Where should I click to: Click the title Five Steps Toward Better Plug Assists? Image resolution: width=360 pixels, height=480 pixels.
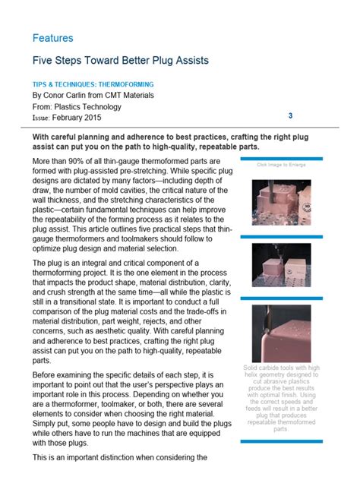pyautogui.click(x=121, y=59)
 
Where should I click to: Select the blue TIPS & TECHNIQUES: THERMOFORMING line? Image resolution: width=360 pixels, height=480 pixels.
pyautogui.click(x=93, y=84)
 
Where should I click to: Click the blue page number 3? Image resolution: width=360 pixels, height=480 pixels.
pyautogui.click(x=290, y=115)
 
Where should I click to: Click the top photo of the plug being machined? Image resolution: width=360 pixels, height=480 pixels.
pyautogui.click(x=281, y=200)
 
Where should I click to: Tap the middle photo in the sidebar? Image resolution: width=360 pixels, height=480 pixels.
pyautogui.click(x=281, y=264)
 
